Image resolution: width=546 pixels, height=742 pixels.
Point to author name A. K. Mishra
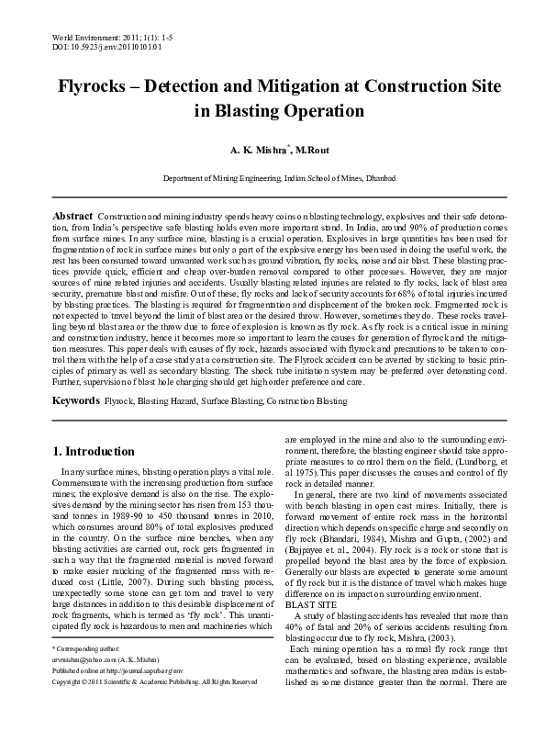coord(252,147)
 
